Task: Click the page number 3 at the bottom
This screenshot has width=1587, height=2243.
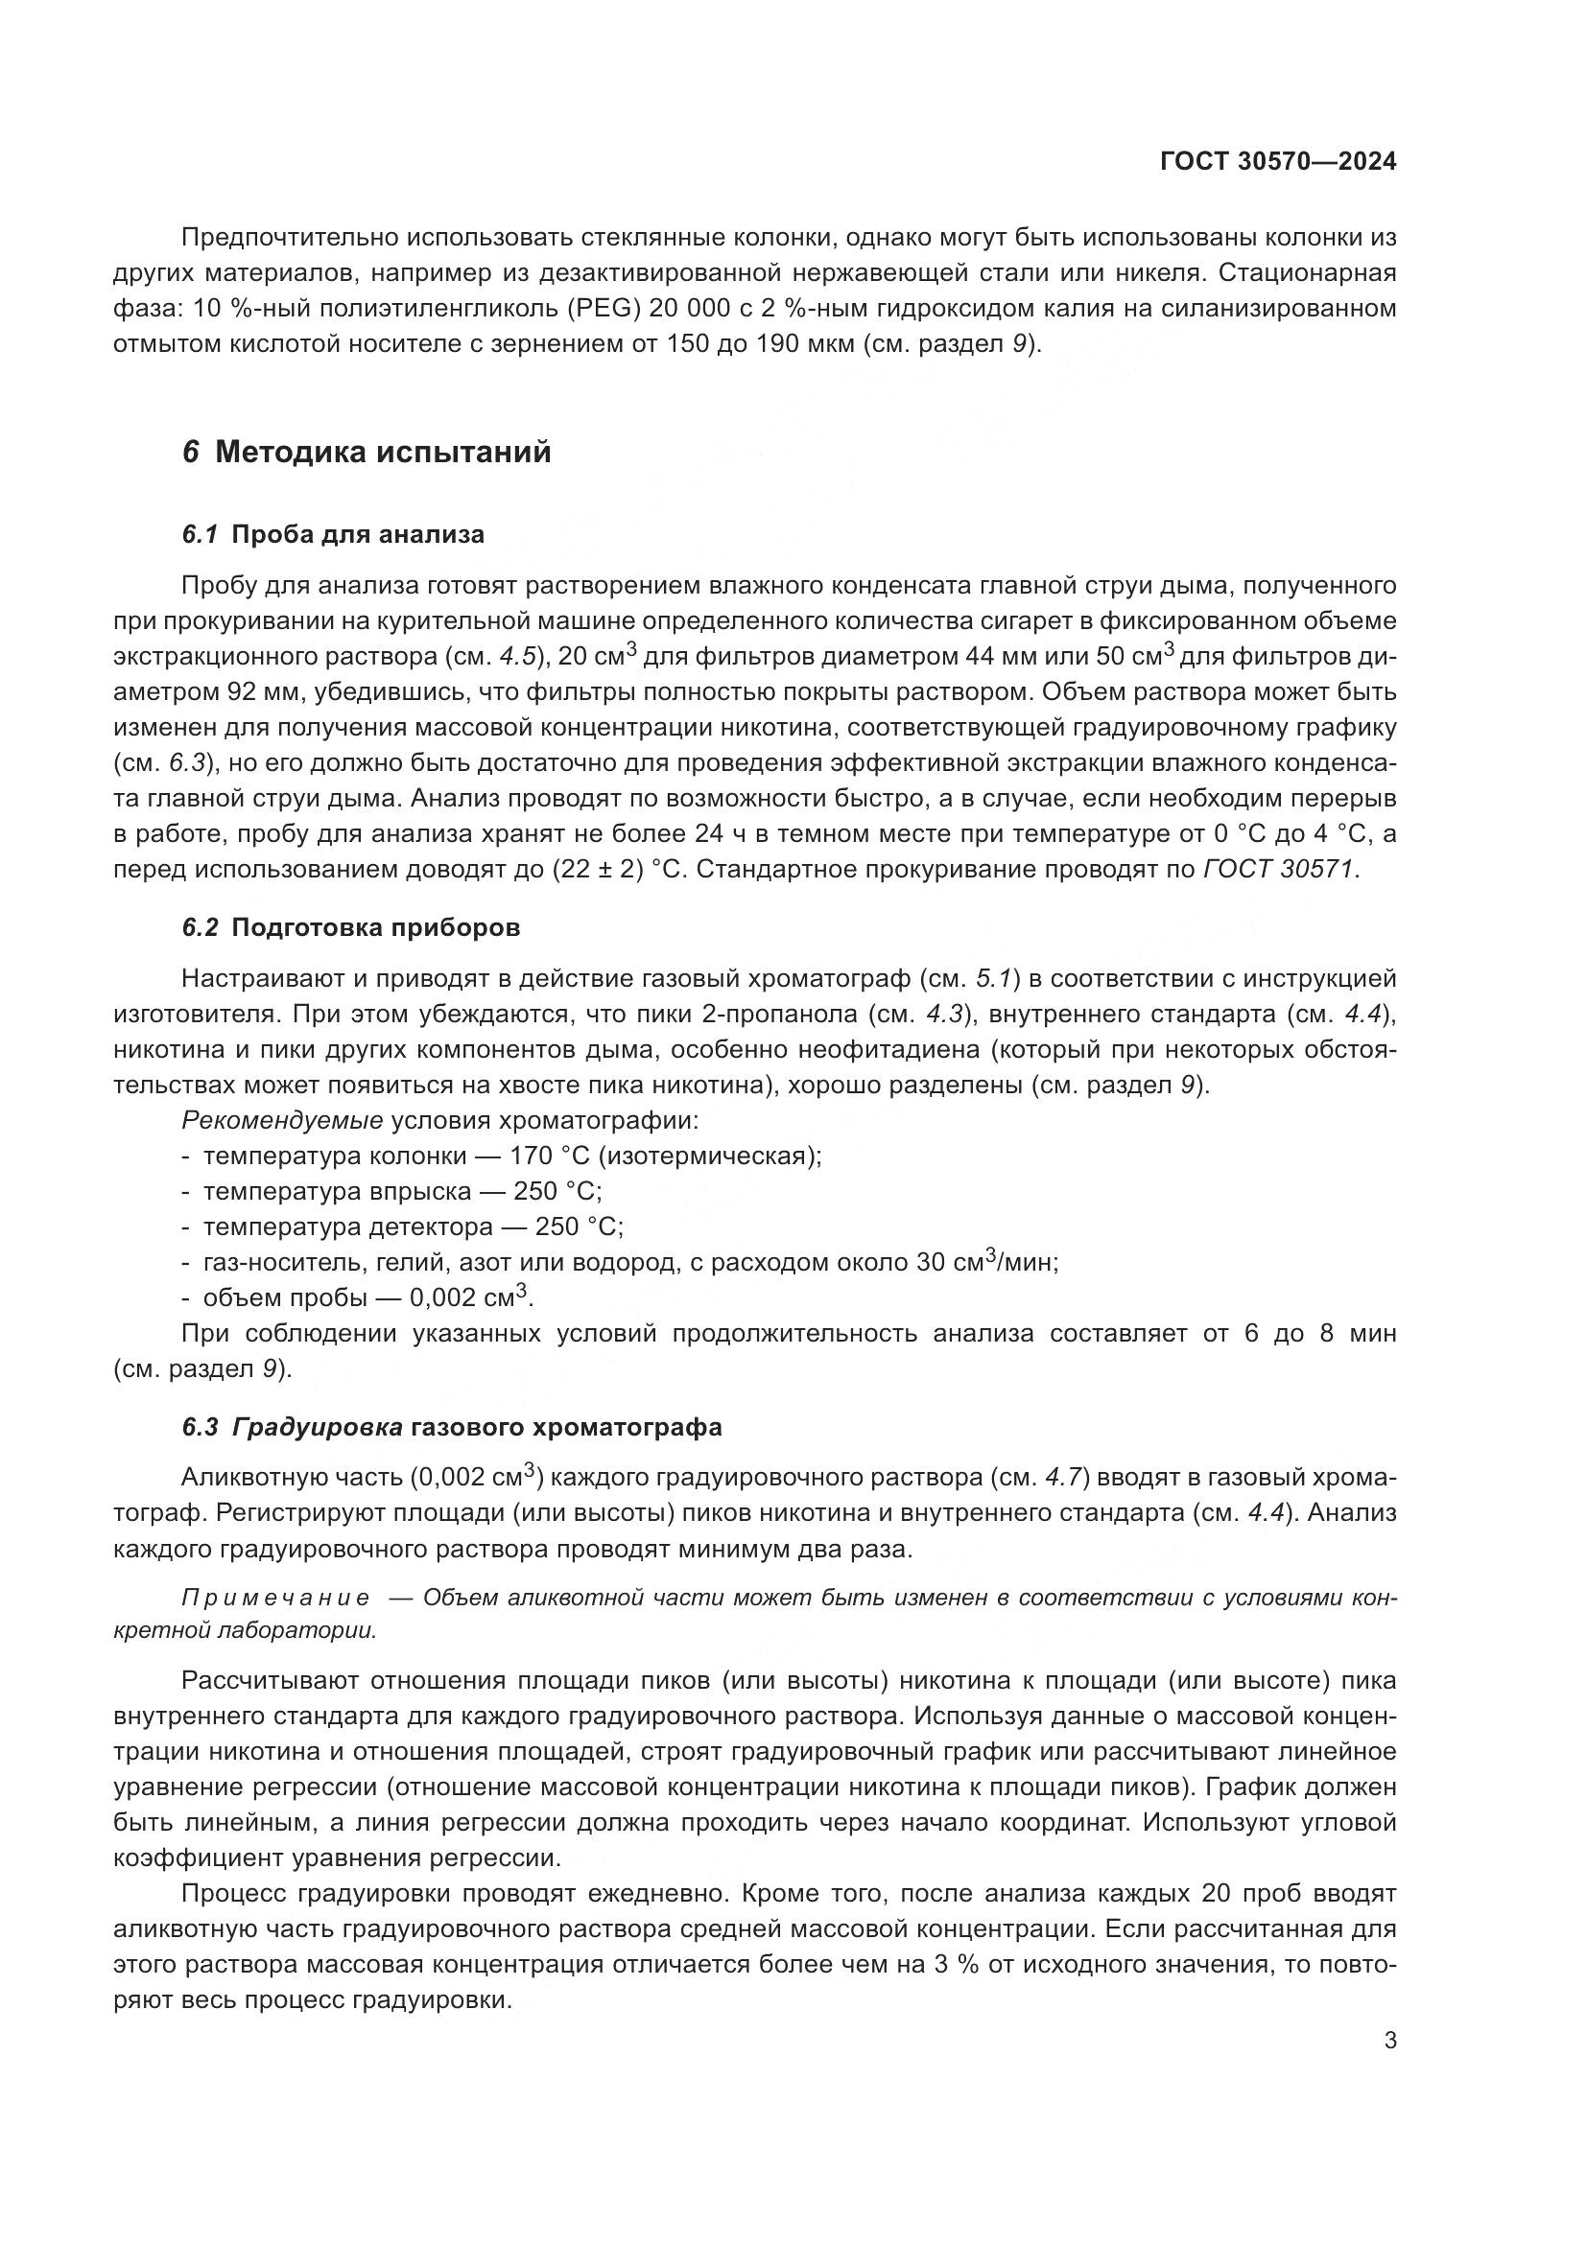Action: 1389,2041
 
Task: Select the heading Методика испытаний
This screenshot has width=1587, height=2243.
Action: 383,453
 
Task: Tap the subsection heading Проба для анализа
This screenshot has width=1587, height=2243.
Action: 358,534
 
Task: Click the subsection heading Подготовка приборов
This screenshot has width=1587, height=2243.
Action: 375,927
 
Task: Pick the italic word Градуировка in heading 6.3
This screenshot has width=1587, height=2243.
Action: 318,1427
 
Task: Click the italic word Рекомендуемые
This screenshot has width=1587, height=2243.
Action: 281,1120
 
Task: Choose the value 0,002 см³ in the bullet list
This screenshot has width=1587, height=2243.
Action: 469,1298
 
